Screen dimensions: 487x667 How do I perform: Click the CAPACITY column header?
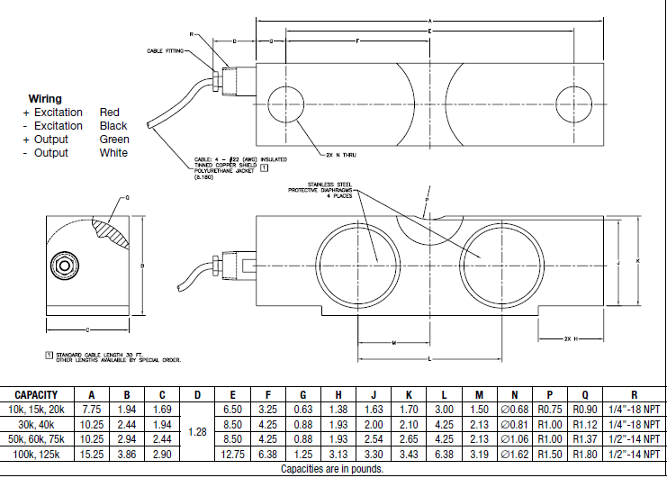point(37,395)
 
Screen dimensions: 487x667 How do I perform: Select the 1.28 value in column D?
point(197,432)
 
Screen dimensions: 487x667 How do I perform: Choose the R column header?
point(634,395)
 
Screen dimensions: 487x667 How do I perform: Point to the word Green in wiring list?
point(114,140)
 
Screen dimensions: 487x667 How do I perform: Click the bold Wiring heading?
point(45,98)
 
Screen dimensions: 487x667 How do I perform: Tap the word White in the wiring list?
point(113,153)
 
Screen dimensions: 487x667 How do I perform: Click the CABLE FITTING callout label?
point(166,51)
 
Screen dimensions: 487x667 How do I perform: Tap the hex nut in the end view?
point(63,267)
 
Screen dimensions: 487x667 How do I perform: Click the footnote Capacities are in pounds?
point(332,469)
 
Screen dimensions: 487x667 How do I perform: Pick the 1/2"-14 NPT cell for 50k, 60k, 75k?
point(634,438)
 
